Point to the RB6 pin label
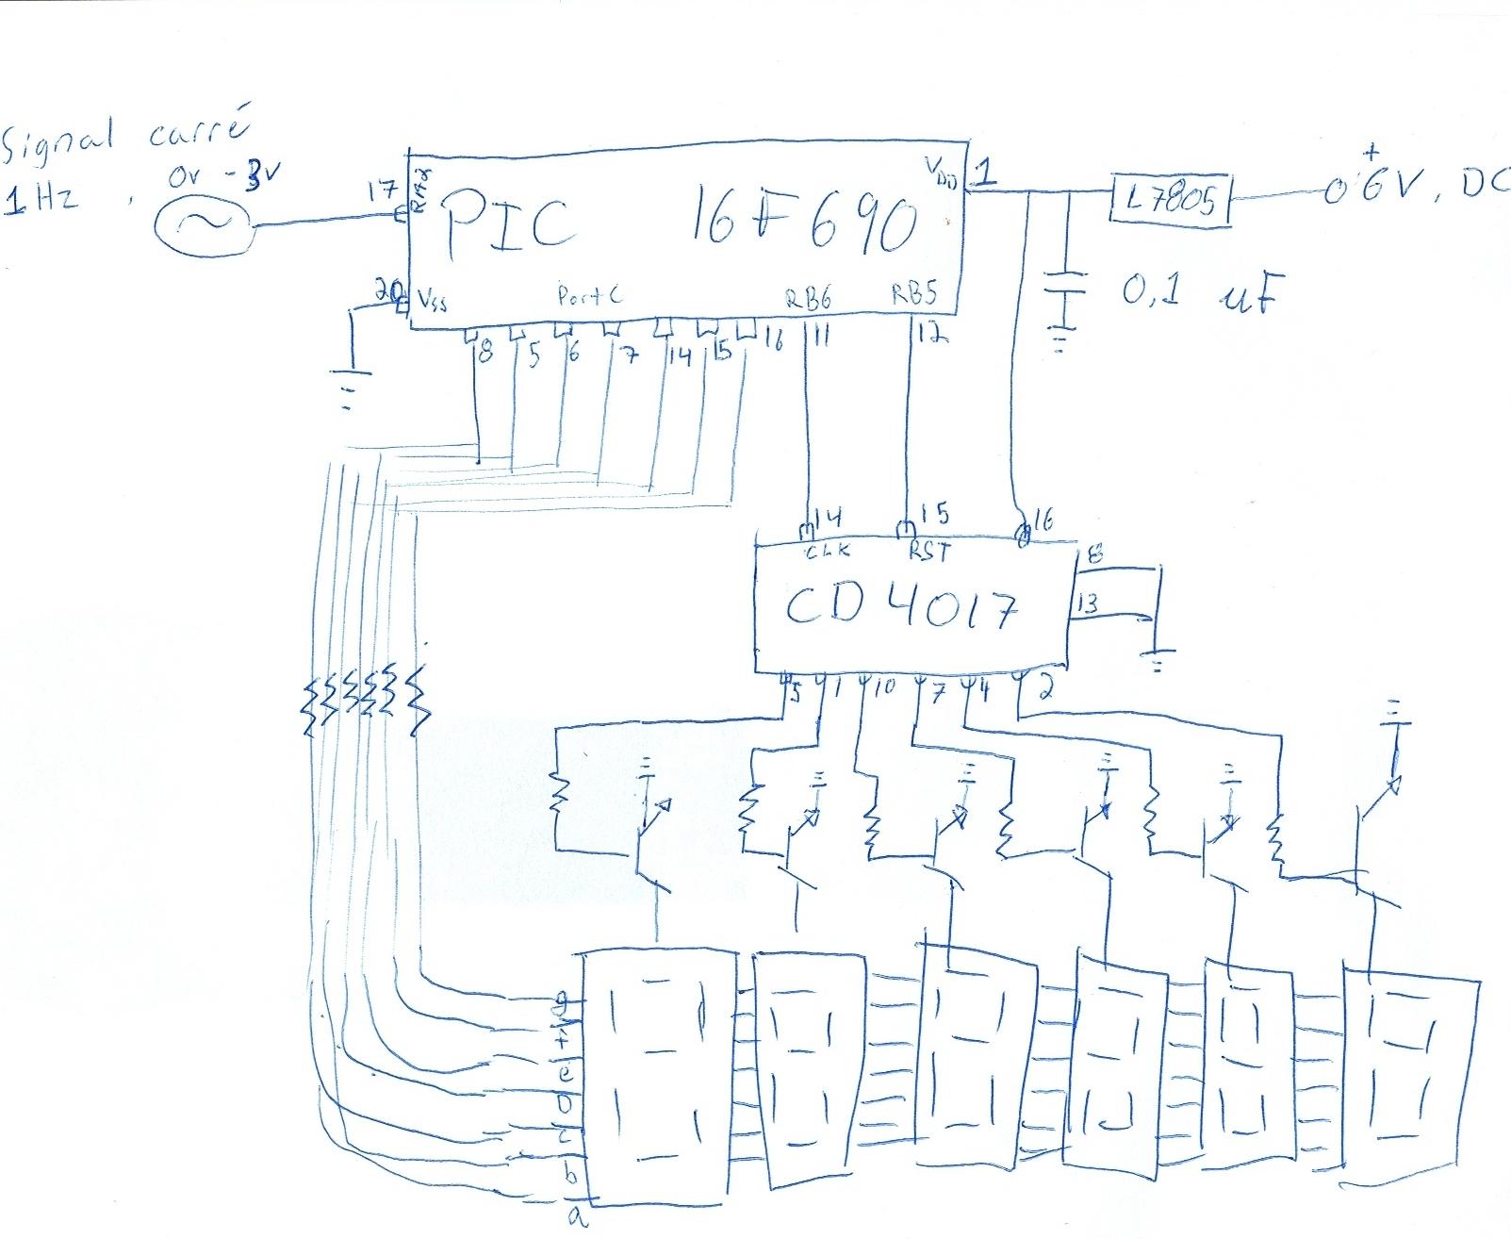point(809,297)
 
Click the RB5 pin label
point(913,295)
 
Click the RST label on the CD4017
point(928,549)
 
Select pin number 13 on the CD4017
point(1087,603)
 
